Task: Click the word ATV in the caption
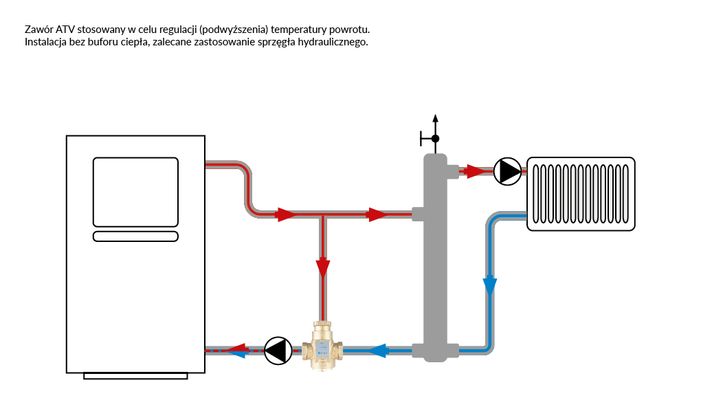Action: [x=66, y=30]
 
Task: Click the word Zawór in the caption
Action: [x=38, y=30]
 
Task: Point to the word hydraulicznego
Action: [x=335, y=42]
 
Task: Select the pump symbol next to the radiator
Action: [x=508, y=171]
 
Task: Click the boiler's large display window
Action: [x=135, y=192]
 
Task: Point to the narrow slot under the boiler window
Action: [x=135, y=236]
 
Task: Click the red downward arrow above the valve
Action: [x=322, y=267]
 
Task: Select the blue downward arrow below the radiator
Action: [x=489, y=285]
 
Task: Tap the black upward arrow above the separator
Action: [x=435, y=120]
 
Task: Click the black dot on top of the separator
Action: [x=435, y=139]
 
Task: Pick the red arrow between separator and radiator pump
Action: [x=474, y=171]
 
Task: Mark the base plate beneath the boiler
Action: [x=135, y=376]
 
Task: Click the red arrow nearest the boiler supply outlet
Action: [x=285, y=214]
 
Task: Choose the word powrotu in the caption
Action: [x=350, y=30]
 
